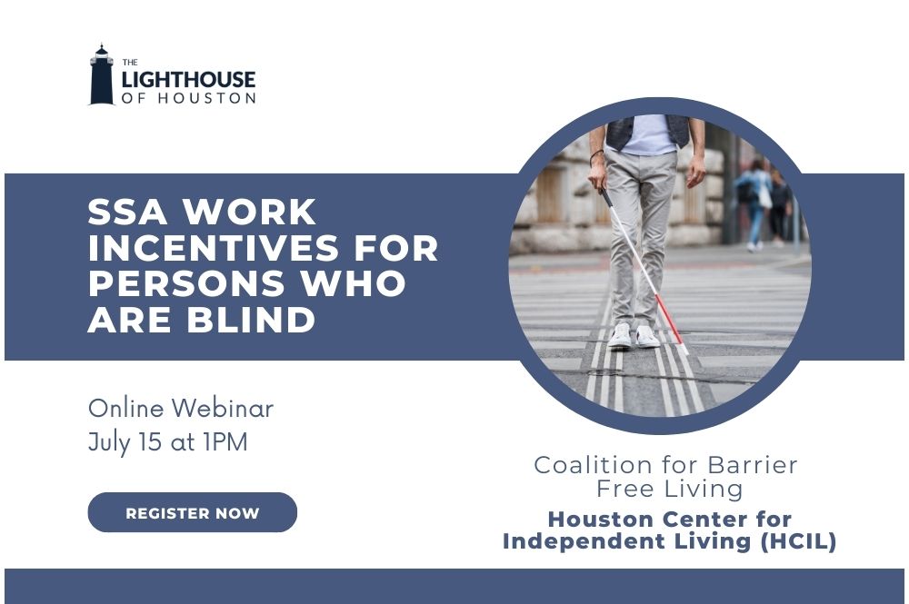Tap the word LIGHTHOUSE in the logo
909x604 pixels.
pyautogui.click(x=188, y=79)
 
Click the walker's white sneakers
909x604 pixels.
pyautogui.click(x=633, y=335)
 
